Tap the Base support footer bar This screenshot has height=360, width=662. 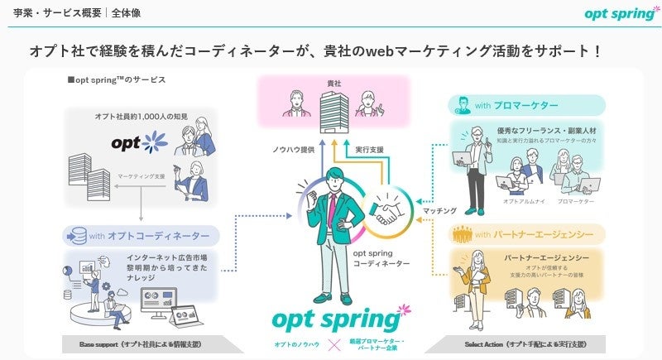(x=132, y=343)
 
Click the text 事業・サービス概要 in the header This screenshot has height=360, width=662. (x=57, y=12)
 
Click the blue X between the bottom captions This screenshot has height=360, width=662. (x=336, y=343)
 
